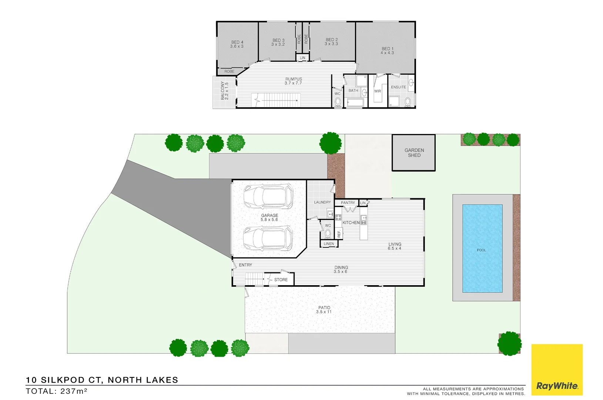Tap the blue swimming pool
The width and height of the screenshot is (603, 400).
pyautogui.click(x=482, y=249)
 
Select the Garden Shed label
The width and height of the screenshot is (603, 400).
pyautogui.click(x=414, y=153)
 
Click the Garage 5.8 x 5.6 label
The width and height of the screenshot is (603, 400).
pyautogui.click(x=269, y=217)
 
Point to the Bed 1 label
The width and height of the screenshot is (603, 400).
pyautogui.click(x=387, y=51)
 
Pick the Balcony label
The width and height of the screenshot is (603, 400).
pyautogui.click(x=225, y=91)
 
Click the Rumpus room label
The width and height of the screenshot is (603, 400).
pyautogui.click(x=294, y=81)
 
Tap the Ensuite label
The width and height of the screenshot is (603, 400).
pyautogui.click(x=398, y=87)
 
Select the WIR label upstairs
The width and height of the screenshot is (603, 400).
pyautogui.click(x=377, y=91)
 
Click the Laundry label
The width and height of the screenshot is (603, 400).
pyautogui.click(x=322, y=202)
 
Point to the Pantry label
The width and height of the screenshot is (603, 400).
pyautogui.click(x=348, y=203)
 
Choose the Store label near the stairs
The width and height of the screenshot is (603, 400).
pyautogui.click(x=281, y=280)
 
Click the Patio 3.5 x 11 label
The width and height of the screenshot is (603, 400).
pyautogui.click(x=324, y=310)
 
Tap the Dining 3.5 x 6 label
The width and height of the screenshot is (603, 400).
pyautogui.click(x=341, y=269)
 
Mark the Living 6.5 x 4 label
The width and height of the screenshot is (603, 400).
pyautogui.click(x=395, y=246)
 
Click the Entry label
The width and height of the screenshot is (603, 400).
pyautogui.click(x=245, y=265)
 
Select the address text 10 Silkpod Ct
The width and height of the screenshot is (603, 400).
pyautogui.click(x=102, y=380)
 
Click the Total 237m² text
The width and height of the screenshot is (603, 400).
pyautogui.click(x=56, y=391)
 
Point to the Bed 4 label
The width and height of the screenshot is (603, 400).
pyautogui.click(x=237, y=44)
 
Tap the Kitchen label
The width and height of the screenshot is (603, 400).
pyautogui.click(x=351, y=223)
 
